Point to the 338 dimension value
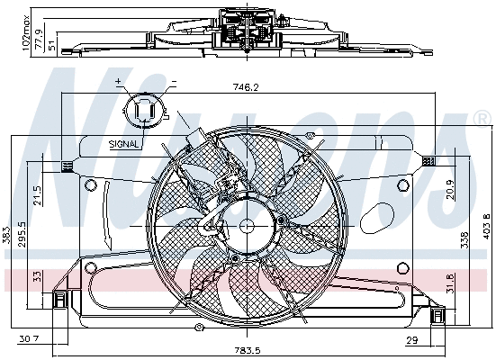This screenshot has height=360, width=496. [463, 239]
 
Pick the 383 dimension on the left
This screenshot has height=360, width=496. [7, 236]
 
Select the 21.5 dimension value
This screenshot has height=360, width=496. [38, 195]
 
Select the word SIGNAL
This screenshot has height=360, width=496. [123, 143]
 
